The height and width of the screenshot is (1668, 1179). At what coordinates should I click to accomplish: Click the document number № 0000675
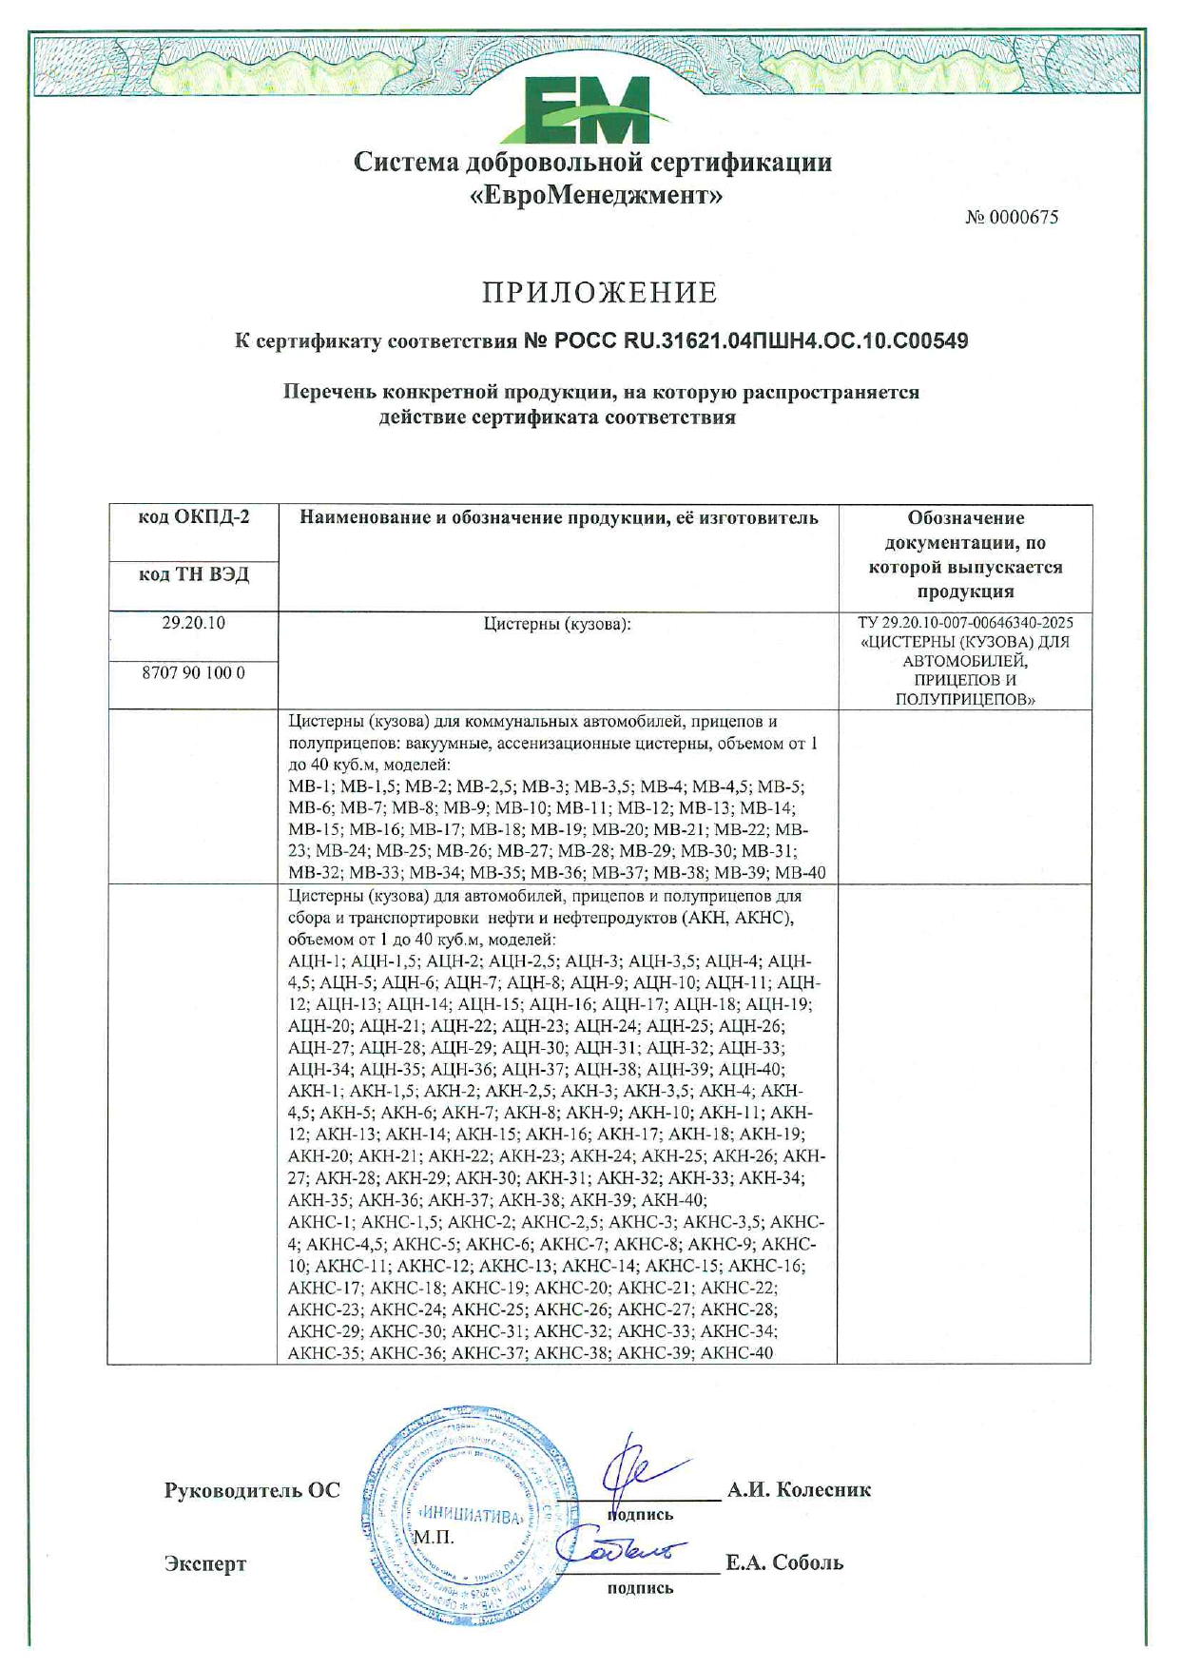click(x=1012, y=218)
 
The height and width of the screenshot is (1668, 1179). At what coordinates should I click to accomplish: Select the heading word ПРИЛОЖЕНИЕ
click(x=599, y=292)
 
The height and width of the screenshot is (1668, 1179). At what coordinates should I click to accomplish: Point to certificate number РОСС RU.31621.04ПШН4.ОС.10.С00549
click(x=746, y=340)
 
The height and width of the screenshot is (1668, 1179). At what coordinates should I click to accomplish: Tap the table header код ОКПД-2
click(x=194, y=517)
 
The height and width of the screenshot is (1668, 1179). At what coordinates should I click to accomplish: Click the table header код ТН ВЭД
click(x=194, y=574)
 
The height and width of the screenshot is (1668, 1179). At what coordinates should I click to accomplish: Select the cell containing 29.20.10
click(x=194, y=624)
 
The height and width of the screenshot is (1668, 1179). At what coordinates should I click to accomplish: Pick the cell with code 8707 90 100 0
click(x=194, y=672)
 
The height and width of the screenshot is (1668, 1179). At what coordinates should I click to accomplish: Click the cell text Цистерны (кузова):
click(x=557, y=625)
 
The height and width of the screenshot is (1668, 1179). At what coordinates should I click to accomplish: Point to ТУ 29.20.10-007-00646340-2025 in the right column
click(x=965, y=623)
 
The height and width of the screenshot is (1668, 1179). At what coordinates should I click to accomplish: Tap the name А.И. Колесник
click(x=799, y=1490)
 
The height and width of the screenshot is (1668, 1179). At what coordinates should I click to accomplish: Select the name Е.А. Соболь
click(x=784, y=1562)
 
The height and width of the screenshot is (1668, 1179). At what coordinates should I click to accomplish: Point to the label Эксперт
click(x=204, y=1563)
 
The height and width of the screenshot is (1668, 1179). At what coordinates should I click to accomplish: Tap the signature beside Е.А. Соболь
click(x=618, y=1551)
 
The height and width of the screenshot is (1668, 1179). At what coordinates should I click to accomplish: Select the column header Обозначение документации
click(x=965, y=554)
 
